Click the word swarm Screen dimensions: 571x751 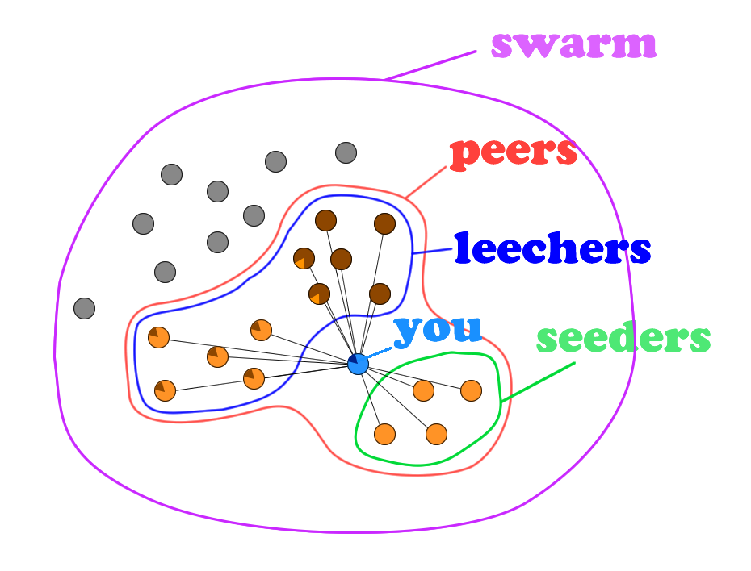[x=573, y=44]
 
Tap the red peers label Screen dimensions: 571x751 [x=514, y=152]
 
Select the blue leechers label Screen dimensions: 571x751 [x=552, y=249]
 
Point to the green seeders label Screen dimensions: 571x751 [x=623, y=339]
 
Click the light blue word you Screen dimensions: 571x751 [x=438, y=329]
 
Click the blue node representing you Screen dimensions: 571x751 [x=358, y=364]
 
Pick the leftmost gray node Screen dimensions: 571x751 [x=84, y=308]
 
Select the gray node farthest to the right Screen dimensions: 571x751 [x=346, y=152]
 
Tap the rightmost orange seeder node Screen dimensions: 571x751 [x=471, y=391]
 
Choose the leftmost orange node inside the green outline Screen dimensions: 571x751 [x=385, y=434]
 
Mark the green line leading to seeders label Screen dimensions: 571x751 [x=537, y=382]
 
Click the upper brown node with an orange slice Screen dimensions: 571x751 [x=304, y=258]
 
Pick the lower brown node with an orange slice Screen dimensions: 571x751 [x=320, y=294]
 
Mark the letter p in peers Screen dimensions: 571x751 [x=464, y=154]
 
